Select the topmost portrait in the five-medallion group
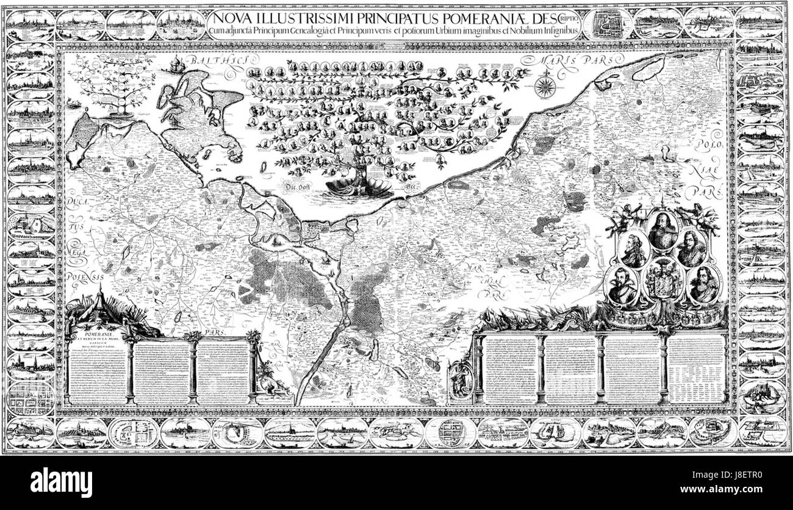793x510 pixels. pyautogui.click(x=662, y=227)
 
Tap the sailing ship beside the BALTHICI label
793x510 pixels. pyautogui.click(x=178, y=62)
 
